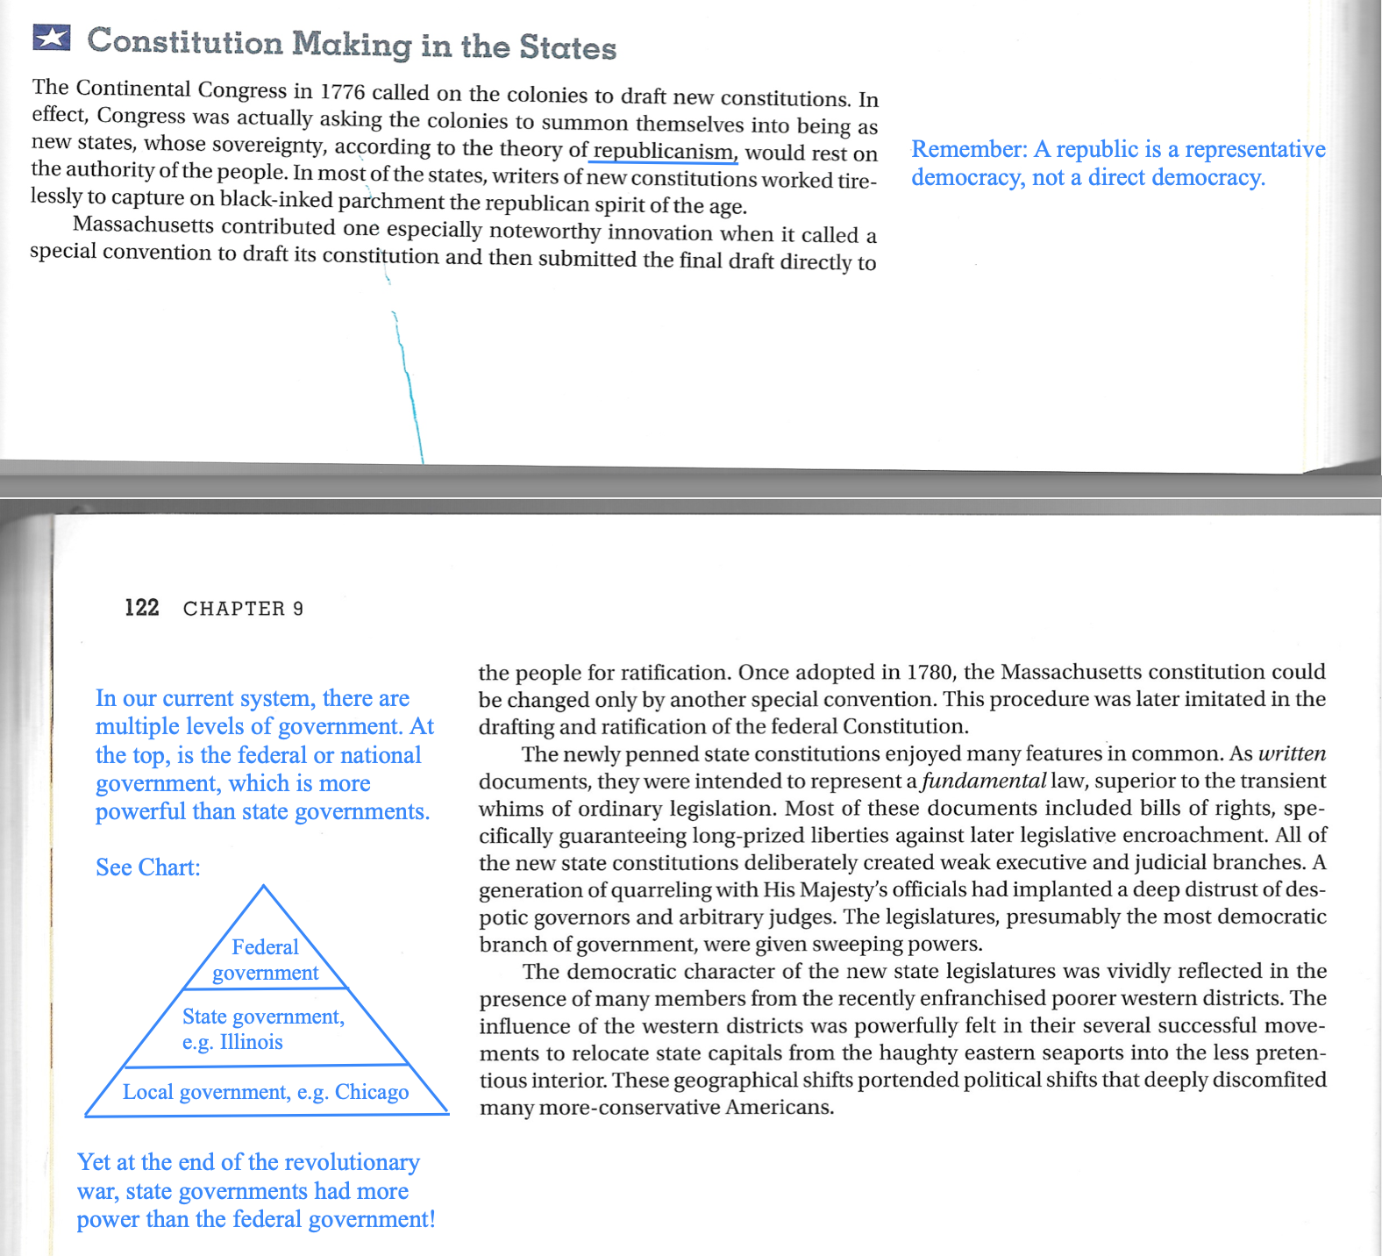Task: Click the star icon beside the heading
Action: click(x=52, y=38)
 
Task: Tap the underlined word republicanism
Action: click(x=665, y=151)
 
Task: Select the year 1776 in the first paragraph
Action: click(x=341, y=92)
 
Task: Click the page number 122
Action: click(x=142, y=608)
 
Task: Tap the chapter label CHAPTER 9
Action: click(x=243, y=609)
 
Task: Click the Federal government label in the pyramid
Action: click(x=265, y=960)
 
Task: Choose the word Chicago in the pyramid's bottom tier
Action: click(x=372, y=1092)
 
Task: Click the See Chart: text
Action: click(x=147, y=867)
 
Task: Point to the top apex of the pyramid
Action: click(x=263, y=887)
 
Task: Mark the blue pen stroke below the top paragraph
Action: click(x=409, y=386)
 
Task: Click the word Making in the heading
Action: click(x=351, y=44)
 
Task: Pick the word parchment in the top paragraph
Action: click(x=391, y=201)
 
